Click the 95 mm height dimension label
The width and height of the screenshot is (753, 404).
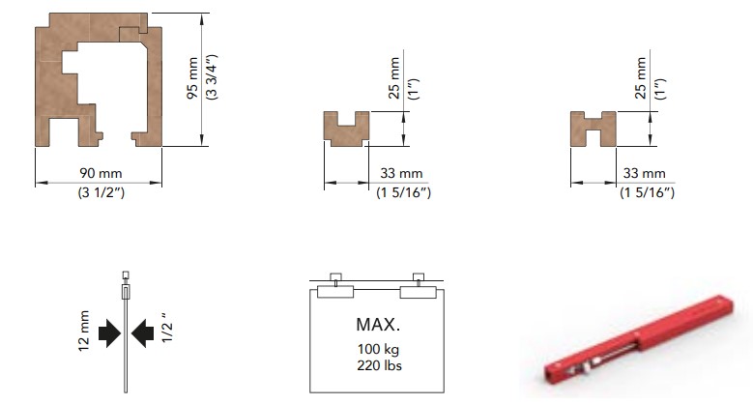[x=192, y=77]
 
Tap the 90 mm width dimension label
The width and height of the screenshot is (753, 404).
[x=101, y=173]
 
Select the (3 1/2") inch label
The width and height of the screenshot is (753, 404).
[x=101, y=192]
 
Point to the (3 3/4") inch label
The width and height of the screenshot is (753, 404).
[x=212, y=77]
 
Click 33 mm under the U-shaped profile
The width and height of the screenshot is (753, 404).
[x=401, y=173]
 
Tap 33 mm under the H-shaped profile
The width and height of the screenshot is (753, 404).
[x=645, y=173]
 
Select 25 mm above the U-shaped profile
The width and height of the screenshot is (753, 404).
[x=394, y=78]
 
